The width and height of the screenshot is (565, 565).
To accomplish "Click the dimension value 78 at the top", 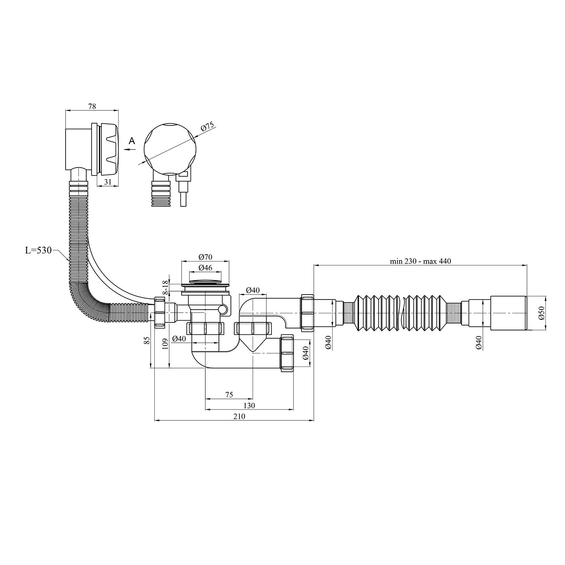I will click(92, 107).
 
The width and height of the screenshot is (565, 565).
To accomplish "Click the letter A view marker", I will click(131, 141).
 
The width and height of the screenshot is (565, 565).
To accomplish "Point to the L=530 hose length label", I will click(38, 250).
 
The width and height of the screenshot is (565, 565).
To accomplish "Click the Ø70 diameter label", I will click(205, 257).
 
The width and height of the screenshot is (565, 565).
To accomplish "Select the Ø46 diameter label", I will click(205, 268).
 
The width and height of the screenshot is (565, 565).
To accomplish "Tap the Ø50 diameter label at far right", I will click(541, 313).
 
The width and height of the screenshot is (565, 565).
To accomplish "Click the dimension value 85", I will click(147, 340).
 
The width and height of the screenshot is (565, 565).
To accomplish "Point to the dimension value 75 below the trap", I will click(229, 395).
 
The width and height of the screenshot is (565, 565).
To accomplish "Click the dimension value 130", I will click(249, 405).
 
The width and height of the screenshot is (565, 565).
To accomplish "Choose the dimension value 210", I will click(239, 416).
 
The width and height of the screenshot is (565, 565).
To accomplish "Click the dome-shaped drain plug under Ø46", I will click(205, 281).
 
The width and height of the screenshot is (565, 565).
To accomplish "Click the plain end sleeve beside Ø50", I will click(508, 313).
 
